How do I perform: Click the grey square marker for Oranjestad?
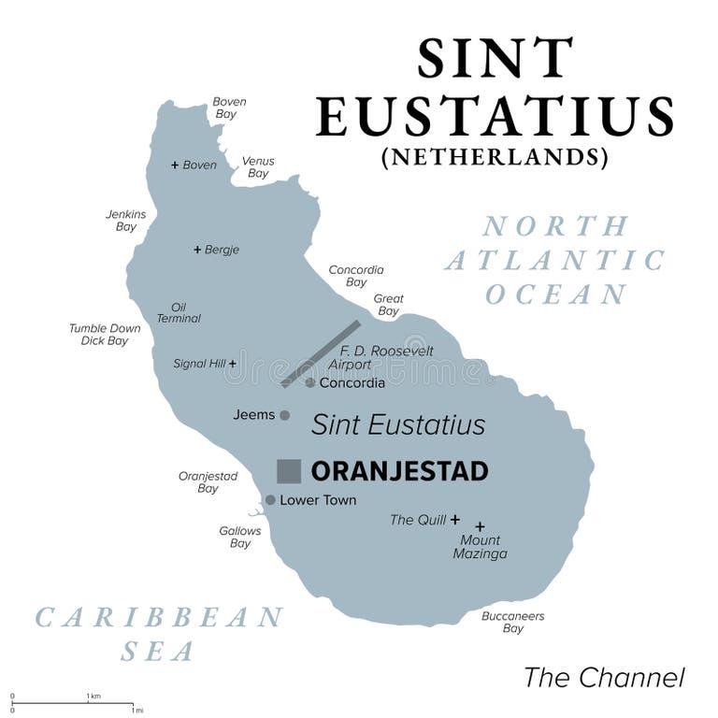coord(289,471)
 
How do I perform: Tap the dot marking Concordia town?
coord(310,382)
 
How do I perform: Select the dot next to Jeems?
coord(285,415)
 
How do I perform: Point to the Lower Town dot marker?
coord(270,500)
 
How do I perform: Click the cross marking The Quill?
coord(455,520)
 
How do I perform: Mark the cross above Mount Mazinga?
coord(480,526)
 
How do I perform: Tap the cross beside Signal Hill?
coord(232,363)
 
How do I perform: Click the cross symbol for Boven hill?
coord(175,165)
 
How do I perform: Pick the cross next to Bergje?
coord(197,250)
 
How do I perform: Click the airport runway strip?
coord(321,353)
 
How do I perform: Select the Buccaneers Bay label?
coord(512,623)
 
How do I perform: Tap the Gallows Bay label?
coord(240,537)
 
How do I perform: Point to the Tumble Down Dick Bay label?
coord(105,335)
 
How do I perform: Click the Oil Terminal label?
coord(179,312)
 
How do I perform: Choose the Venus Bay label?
coord(258,166)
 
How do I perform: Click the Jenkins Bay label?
coord(126,220)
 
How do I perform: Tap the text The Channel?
coord(604,677)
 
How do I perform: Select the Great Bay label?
coord(388,305)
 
